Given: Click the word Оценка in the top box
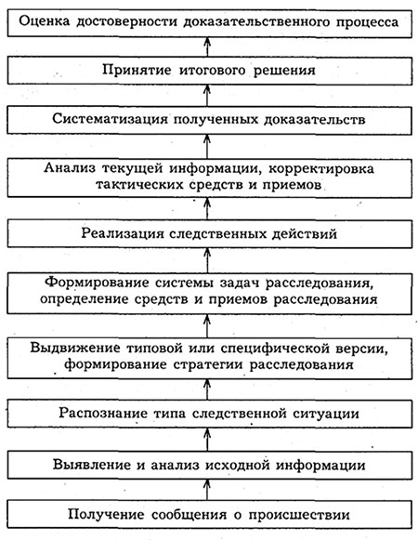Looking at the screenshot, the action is coord(44,21).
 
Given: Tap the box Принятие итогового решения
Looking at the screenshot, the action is coord(210,71).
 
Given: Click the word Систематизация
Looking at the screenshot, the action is coord(111,119).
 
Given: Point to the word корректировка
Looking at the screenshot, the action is coord(320,169).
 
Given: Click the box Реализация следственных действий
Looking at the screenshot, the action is coord(210,234).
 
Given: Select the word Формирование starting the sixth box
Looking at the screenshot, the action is coord(97,283).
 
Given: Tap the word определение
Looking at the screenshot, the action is coord(85,299).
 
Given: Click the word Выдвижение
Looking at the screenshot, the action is coord(75,348).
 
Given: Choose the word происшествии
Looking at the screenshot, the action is coord(299,515).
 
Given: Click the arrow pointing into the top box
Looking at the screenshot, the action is coord(207,46).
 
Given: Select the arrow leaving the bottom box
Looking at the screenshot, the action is coord(207,490).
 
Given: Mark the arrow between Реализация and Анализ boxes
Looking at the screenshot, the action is coord(207,209).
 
